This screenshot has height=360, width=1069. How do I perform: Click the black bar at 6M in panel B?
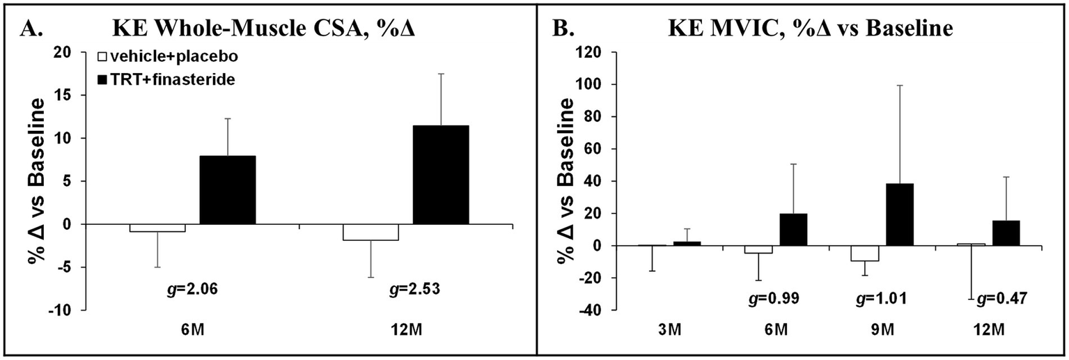[793, 230]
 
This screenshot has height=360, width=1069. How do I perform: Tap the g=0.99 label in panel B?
[777, 299]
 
